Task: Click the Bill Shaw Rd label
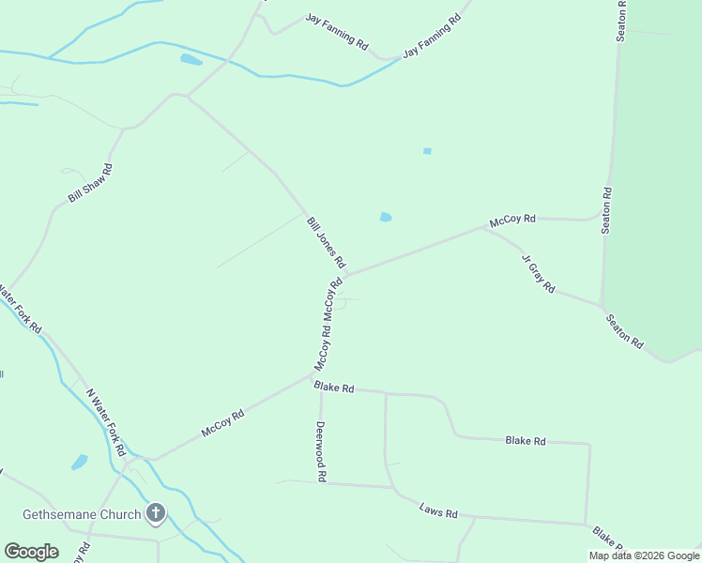[90, 184]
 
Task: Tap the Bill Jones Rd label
[326, 242]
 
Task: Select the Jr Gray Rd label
[539, 272]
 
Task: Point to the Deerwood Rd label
[321, 450]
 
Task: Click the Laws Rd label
[438, 513]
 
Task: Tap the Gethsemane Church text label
[83, 514]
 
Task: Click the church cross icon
[156, 513]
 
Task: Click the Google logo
[31, 552]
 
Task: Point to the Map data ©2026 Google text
[644, 555]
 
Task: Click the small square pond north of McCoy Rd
[427, 151]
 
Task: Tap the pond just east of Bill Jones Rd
[386, 218]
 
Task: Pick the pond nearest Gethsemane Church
[80, 462]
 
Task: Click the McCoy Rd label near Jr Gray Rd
[512, 220]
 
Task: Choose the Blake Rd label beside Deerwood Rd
[335, 387]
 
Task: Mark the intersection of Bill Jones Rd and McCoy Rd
[345, 276]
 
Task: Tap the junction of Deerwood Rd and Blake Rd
[321, 384]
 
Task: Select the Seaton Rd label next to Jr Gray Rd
[624, 331]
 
